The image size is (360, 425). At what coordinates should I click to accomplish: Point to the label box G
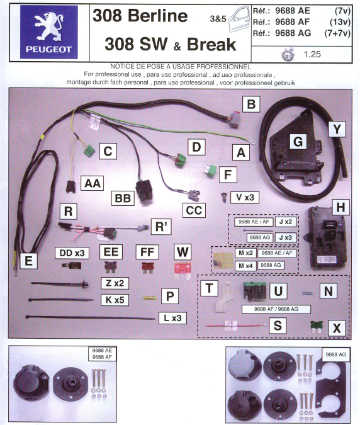pos(297,141)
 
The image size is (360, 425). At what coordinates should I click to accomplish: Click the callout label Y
pos(339,129)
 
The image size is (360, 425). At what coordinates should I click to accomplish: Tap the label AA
pos(92,183)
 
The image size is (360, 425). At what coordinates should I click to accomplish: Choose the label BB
pos(122,199)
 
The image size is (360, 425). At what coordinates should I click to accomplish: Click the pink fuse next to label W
pos(183,271)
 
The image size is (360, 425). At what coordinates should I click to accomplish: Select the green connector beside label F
pos(211,171)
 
